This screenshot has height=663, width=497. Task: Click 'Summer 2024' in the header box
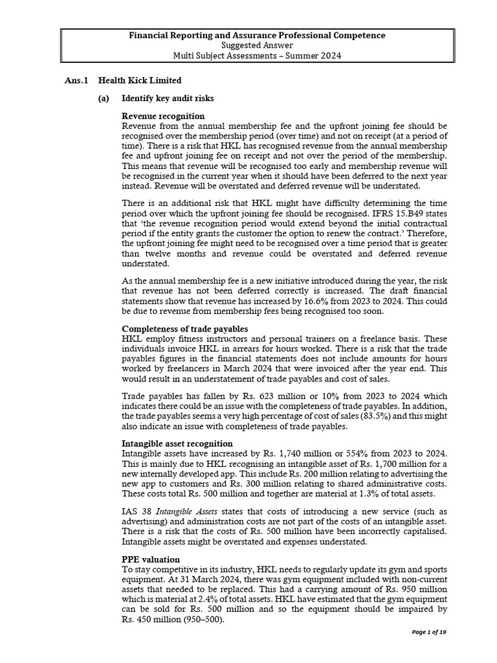pos(318,56)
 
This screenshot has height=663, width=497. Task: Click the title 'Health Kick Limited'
pos(140,80)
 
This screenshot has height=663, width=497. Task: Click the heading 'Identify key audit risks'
pos(168,98)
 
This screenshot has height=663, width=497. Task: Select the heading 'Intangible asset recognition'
pos(177,444)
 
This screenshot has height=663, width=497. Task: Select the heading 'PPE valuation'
pos(151,559)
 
